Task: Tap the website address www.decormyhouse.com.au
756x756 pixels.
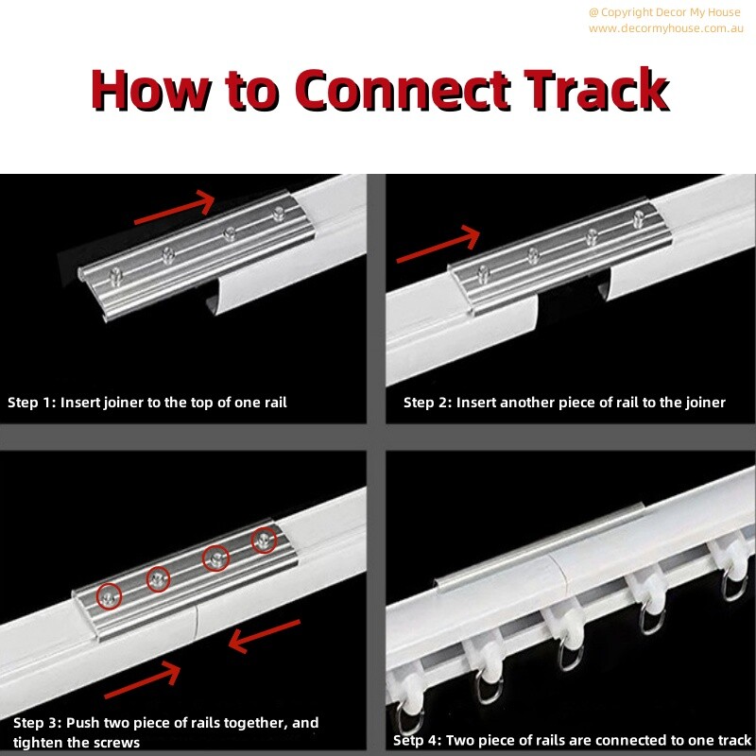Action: (665, 28)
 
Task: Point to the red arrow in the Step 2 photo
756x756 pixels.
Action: (439, 244)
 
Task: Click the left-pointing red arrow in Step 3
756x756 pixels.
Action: (265, 636)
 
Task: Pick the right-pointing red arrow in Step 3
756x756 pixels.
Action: (142, 683)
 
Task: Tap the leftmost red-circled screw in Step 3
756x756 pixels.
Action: (111, 596)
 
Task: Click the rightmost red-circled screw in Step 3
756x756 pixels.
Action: (264, 541)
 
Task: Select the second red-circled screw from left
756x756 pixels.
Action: (158, 578)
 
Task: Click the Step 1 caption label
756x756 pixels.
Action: (146, 403)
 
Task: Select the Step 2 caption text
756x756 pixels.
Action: (564, 403)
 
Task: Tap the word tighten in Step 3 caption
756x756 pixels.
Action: (40, 743)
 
